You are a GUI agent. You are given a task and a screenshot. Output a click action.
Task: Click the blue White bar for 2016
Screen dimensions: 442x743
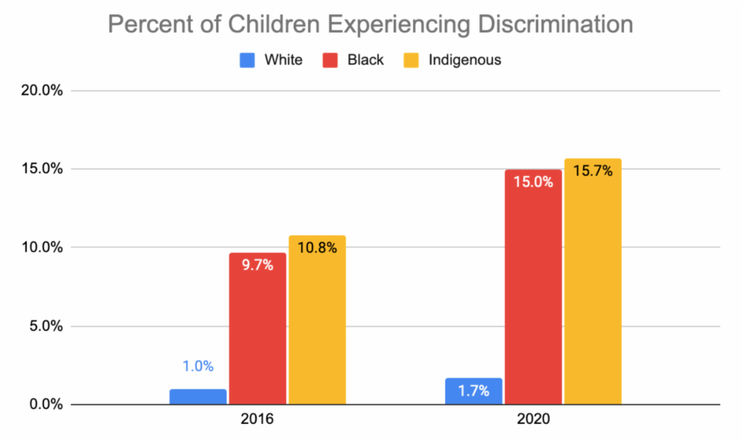click(x=198, y=397)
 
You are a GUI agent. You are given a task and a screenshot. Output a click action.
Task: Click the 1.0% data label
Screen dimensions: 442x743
click(x=198, y=366)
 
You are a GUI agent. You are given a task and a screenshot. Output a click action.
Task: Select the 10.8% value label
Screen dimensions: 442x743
click(x=317, y=249)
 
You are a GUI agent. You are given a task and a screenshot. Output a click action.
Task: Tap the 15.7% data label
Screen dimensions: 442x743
click(x=593, y=171)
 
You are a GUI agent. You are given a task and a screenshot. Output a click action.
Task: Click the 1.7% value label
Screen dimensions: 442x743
click(x=474, y=391)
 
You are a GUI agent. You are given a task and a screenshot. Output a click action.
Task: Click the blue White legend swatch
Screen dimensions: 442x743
click(x=246, y=60)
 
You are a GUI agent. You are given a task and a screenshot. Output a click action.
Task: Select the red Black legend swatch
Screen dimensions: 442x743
click(x=329, y=60)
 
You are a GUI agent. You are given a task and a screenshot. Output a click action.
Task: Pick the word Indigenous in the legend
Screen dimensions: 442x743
click(x=464, y=60)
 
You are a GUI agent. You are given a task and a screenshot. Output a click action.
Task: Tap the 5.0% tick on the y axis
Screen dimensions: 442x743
click(x=46, y=326)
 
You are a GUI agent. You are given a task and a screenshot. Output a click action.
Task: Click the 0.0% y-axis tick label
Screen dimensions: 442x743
click(x=46, y=405)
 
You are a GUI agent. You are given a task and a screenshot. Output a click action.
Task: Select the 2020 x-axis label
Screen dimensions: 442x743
click(x=532, y=420)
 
